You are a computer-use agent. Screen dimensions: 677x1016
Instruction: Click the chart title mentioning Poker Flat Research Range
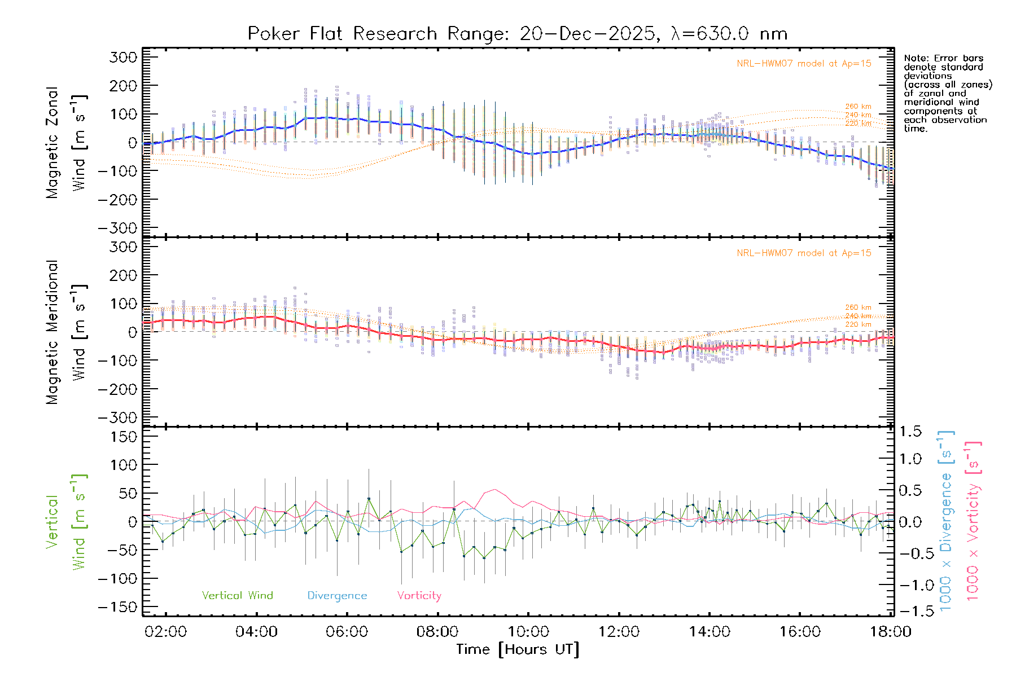517,34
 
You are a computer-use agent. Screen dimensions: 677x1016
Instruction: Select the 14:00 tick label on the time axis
709,632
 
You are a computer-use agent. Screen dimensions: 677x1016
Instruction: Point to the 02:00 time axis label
165,632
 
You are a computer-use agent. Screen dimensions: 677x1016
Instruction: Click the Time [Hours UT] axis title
517,650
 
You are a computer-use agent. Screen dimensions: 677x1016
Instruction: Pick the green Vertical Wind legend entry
237,596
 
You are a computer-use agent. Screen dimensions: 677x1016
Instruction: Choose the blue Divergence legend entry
337,596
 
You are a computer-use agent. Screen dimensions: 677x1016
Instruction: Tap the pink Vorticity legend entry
419,596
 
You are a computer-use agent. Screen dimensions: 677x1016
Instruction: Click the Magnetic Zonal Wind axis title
67,142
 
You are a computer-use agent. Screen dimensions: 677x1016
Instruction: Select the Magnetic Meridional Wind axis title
67,332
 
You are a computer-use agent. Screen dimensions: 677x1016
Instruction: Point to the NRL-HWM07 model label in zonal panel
804,64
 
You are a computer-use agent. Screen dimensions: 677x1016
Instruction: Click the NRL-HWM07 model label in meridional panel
804,253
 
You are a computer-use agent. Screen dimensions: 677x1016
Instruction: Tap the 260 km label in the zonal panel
858,107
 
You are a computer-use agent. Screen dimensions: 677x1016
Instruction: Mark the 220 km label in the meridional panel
858,324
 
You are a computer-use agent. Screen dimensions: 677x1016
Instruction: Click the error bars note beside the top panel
947,93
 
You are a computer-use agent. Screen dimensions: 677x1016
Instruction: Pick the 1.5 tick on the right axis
910,432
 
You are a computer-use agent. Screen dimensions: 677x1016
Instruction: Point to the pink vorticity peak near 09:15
495,489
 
